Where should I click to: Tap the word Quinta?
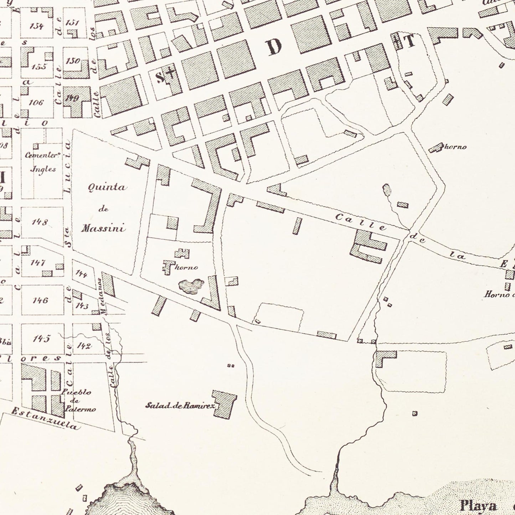(x=107, y=187)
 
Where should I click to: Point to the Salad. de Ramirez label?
(x=180, y=405)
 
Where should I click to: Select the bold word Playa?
(x=478, y=505)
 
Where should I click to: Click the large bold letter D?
(x=274, y=47)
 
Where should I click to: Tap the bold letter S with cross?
(x=165, y=76)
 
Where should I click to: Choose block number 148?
(x=40, y=222)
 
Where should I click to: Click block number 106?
(x=36, y=103)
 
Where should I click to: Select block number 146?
(x=40, y=300)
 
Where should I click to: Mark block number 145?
(x=41, y=338)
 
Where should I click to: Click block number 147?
(x=38, y=263)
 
